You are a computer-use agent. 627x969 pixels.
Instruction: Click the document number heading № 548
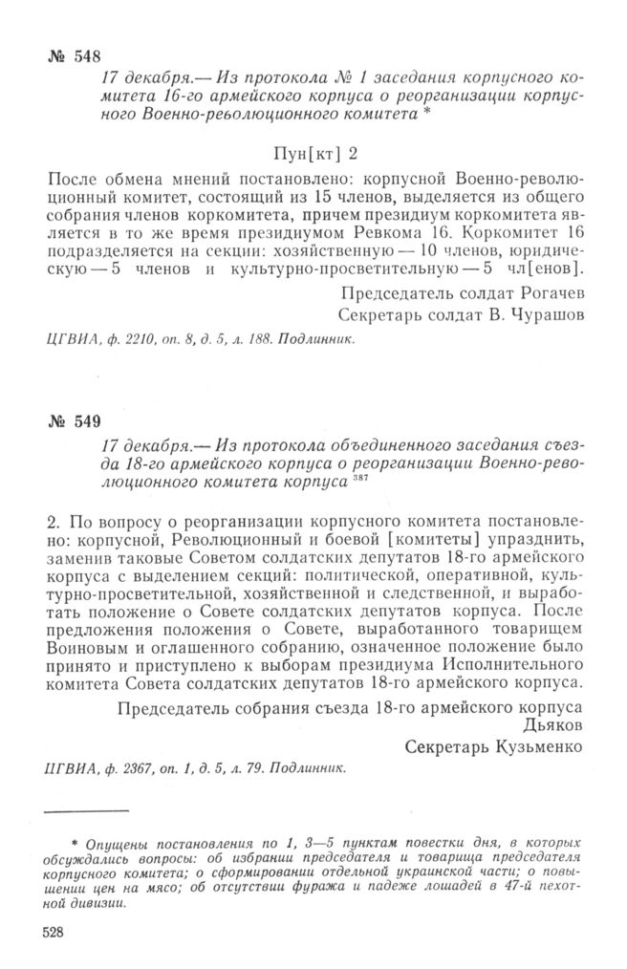click(73, 54)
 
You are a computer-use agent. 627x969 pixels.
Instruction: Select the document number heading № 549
click(73, 421)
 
